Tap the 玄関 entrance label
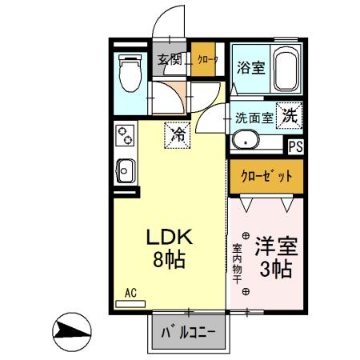[x=170, y=59]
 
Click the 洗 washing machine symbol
[x=289, y=114]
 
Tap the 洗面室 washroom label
[x=254, y=117]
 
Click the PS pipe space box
[x=295, y=146]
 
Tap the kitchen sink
[x=126, y=169]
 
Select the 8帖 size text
[x=170, y=259]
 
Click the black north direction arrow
[x=71, y=330]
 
